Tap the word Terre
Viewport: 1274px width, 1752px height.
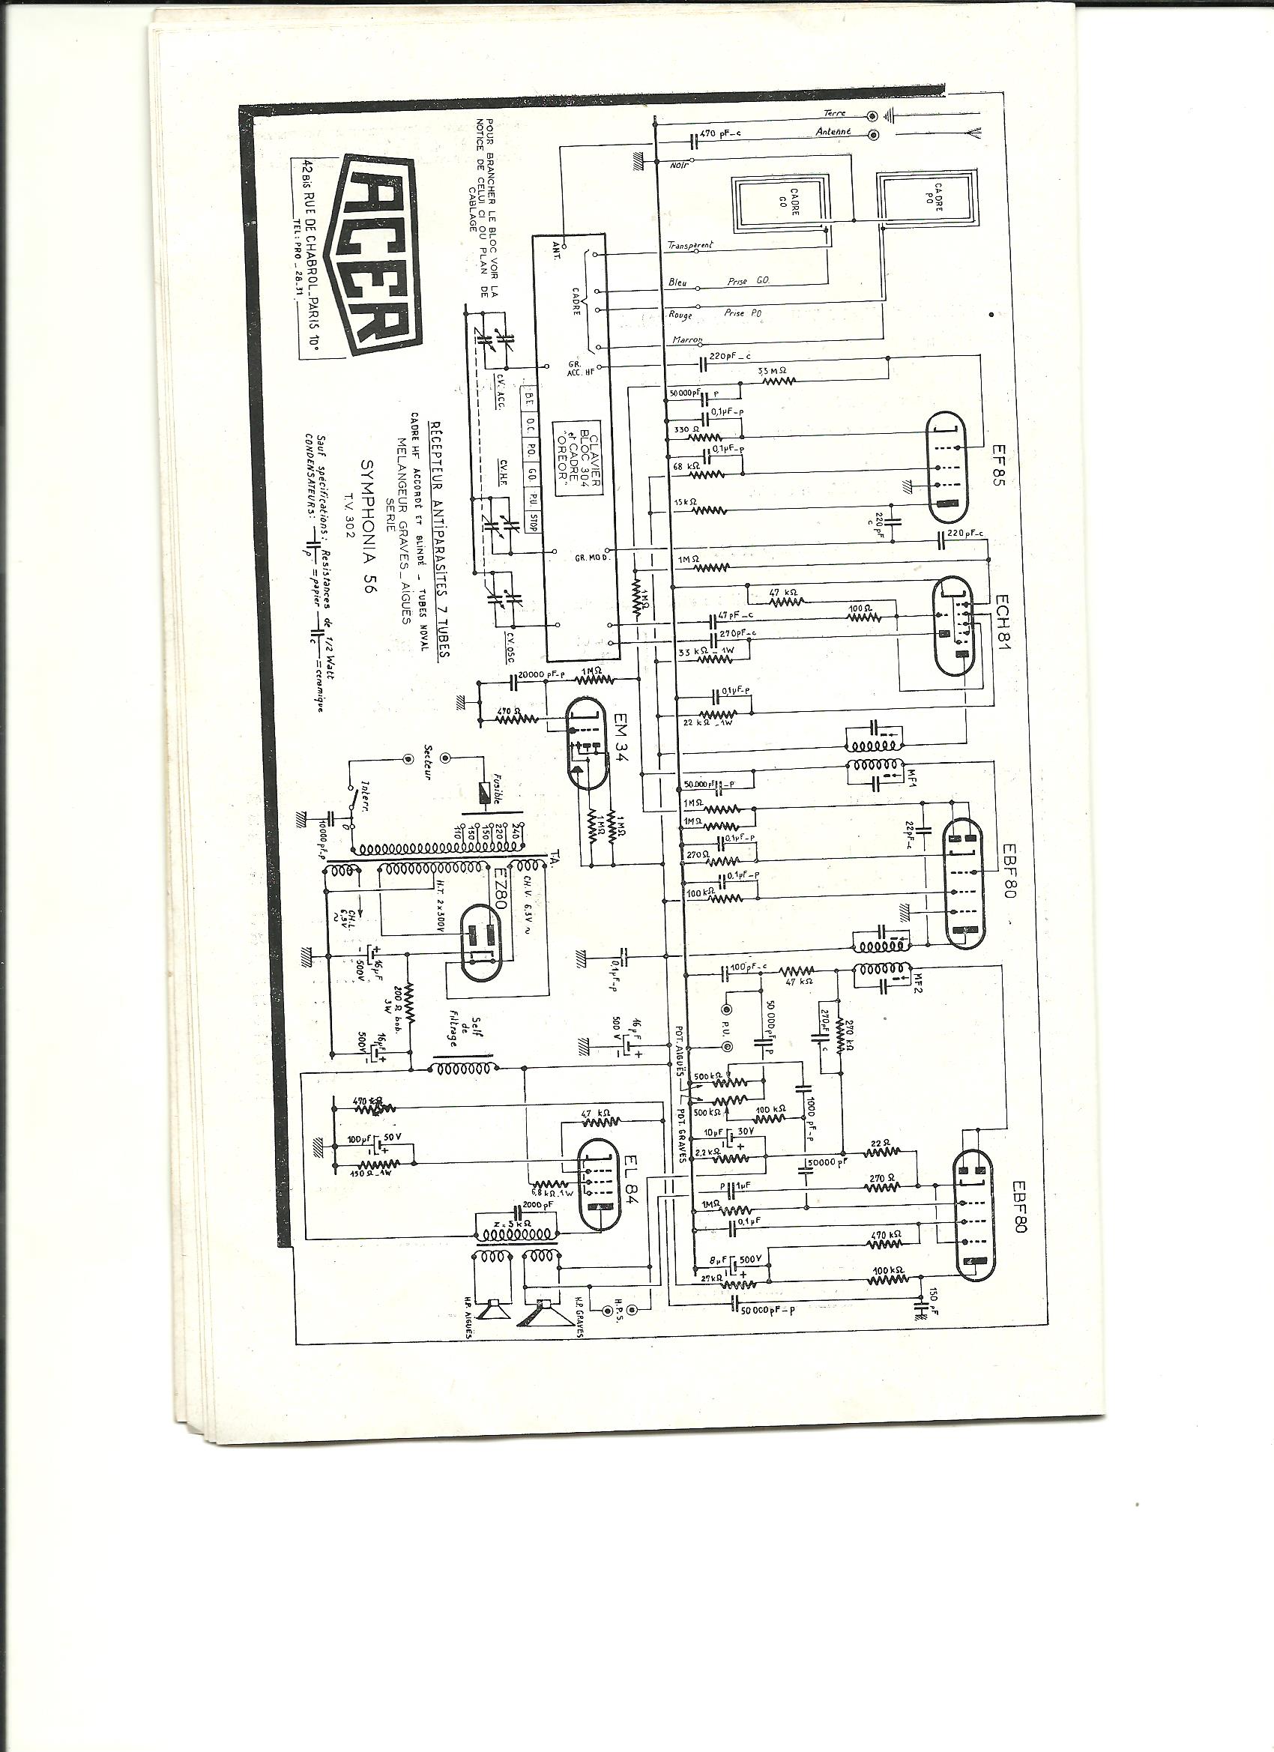(x=835, y=113)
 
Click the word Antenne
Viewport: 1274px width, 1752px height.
(x=833, y=132)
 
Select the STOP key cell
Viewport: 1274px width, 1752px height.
(x=532, y=522)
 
